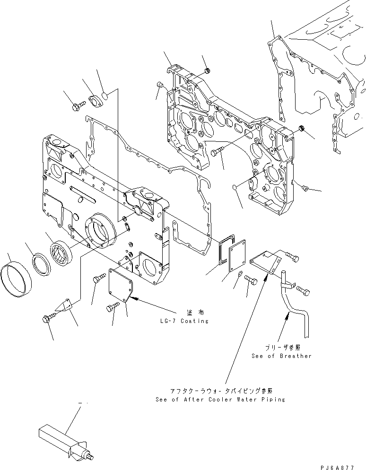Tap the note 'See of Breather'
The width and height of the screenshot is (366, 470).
pos(282,356)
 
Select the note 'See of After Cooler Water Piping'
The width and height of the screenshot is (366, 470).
pos(220,400)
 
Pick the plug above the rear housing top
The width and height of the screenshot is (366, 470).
pos(207,71)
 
